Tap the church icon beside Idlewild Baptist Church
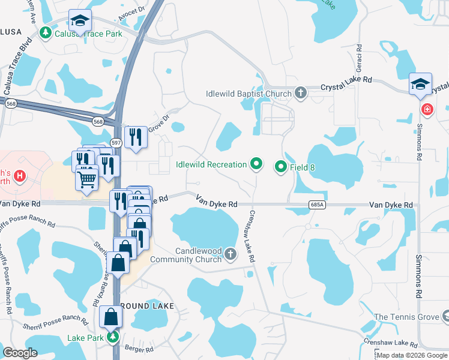point(301,93)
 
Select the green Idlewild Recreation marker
point(257,164)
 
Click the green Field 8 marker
point(280,167)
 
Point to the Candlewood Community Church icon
point(230,256)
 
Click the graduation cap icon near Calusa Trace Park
point(80,22)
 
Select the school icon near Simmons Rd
point(420,85)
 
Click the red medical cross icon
point(427,110)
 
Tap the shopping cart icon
point(88,178)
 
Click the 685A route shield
point(318,205)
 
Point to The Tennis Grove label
point(406,316)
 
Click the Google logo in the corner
point(20,353)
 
